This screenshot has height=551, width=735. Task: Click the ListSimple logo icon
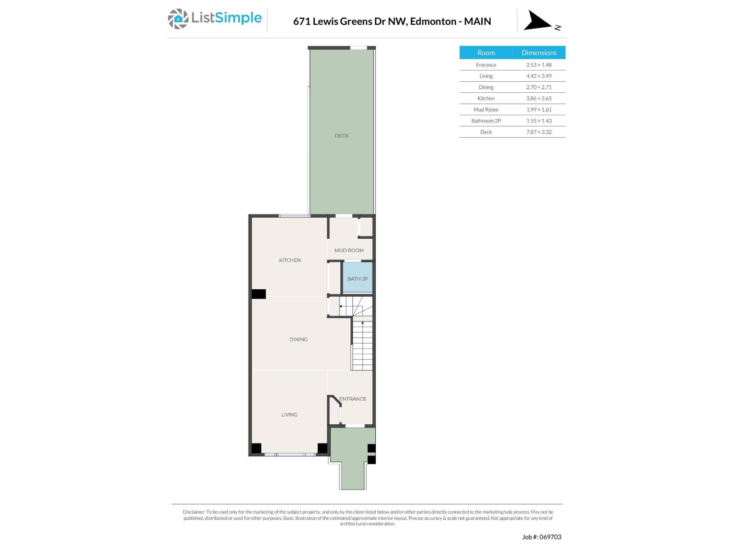[x=178, y=19]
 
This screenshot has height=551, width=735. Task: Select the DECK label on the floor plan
[x=341, y=136]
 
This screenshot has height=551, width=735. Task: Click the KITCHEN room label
[x=290, y=260]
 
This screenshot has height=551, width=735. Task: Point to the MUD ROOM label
[x=349, y=250]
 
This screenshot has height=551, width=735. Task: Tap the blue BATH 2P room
[x=357, y=278]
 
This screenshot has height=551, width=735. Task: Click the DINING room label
[x=299, y=339]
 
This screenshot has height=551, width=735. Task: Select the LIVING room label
[x=289, y=415]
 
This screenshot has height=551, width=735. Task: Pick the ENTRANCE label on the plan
[x=353, y=399]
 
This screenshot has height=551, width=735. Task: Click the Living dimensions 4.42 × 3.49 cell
[x=539, y=76]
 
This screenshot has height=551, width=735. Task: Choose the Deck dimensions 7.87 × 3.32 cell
[x=539, y=132]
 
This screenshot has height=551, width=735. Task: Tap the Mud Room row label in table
[x=486, y=110]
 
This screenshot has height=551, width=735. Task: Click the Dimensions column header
[x=539, y=53]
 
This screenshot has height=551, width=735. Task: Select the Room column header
[x=486, y=53]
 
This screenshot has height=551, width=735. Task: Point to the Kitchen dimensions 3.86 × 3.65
[x=539, y=98]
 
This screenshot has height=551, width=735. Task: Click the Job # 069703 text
[x=542, y=537]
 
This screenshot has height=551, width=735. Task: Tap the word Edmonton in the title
[x=433, y=21]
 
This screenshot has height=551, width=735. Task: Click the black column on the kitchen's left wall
[x=259, y=294]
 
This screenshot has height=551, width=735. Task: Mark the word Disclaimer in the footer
[x=193, y=512]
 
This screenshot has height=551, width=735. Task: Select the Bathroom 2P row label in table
[x=486, y=121]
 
